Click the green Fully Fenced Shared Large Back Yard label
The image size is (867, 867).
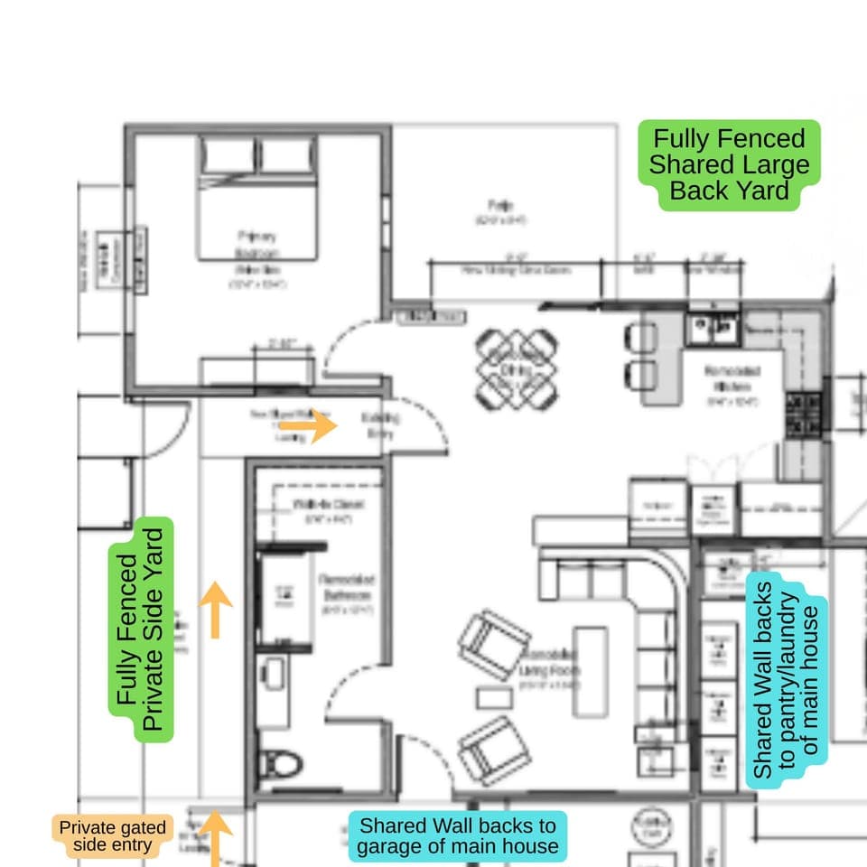click(x=728, y=165)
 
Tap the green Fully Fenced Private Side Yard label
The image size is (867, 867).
click(x=141, y=629)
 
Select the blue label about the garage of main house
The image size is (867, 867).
click(x=457, y=836)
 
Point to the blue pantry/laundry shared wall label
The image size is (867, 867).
click(x=788, y=679)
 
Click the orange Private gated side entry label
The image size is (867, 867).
click(x=113, y=837)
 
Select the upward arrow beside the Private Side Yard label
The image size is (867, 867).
click(x=215, y=610)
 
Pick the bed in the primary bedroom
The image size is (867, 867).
click(x=258, y=198)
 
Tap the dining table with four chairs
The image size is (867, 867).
click(x=515, y=368)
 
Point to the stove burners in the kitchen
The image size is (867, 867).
click(x=803, y=414)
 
